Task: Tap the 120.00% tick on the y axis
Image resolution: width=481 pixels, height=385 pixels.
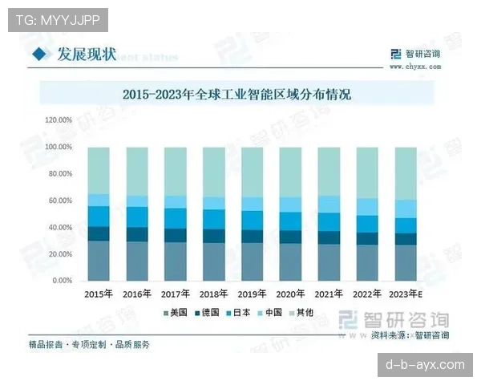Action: tap(59, 120)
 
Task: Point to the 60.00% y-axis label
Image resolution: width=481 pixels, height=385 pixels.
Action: tap(61, 201)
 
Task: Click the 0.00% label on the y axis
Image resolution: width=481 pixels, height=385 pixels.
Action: tap(63, 281)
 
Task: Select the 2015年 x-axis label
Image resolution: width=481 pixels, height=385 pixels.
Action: tap(98, 294)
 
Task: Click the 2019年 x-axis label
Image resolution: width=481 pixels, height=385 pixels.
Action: tap(253, 294)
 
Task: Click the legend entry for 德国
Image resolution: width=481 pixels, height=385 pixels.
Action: tap(208, 312)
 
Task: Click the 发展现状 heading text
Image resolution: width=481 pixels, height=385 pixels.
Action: tap(86, 54)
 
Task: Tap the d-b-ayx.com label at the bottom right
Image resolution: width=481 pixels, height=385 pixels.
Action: tap(425, 364)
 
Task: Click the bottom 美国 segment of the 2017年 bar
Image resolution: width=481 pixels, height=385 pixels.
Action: tap(176, 261)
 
